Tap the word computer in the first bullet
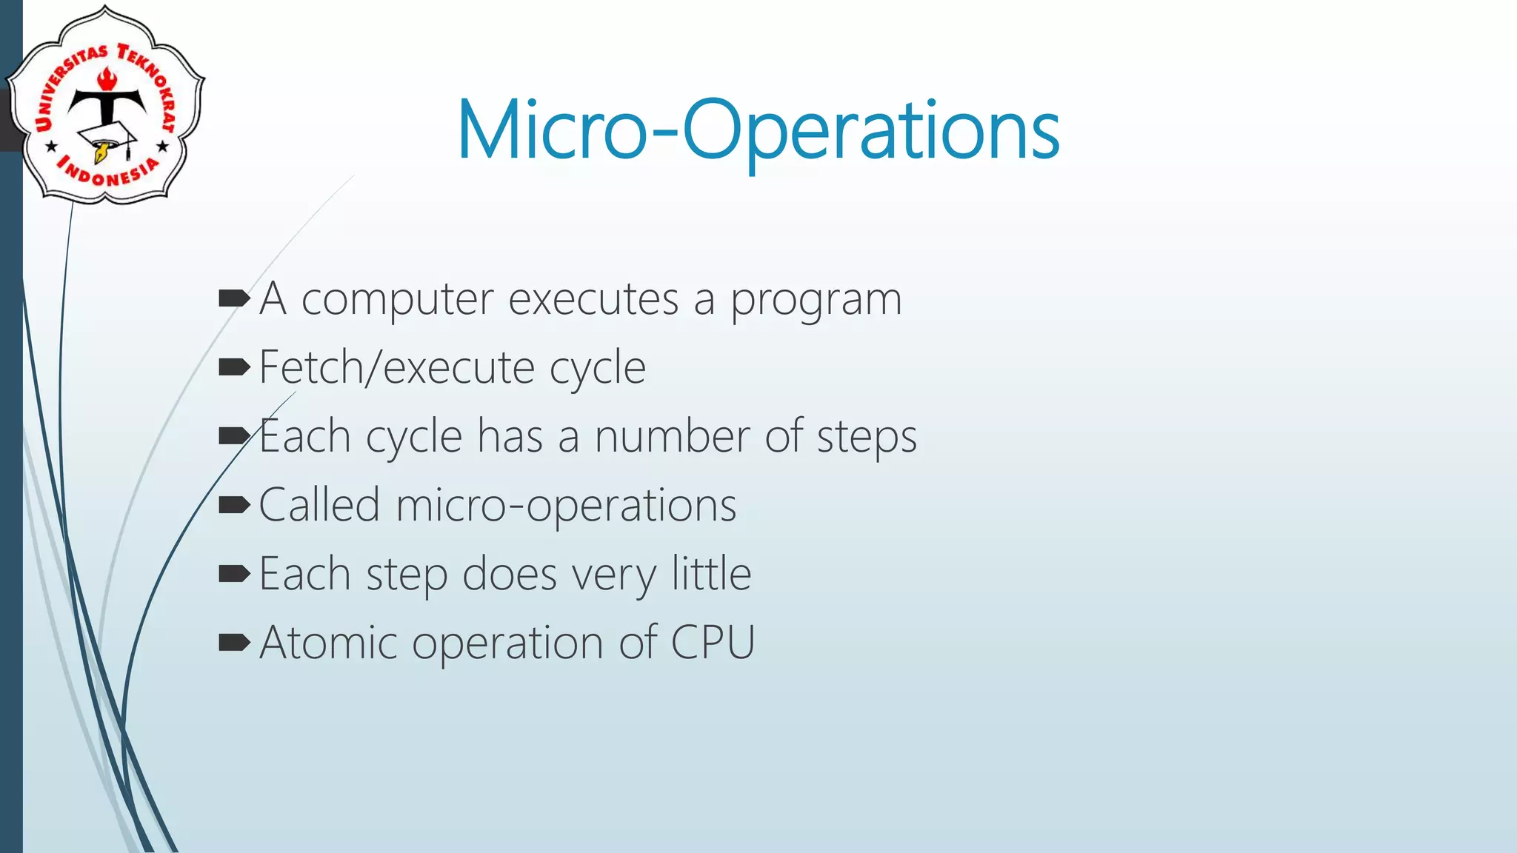[x=397, y=300]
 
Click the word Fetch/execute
[x=397, y=367]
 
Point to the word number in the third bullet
[x=672, y=436]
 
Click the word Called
[x=319, y=505]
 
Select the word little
[x=711, y=574]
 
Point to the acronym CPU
[x=713, y=642]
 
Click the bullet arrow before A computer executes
[x=234, y=299]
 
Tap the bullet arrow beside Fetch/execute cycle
[x=234, y=367]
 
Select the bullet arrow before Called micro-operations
[x=234, y=506]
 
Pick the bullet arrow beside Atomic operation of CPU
[x=234, y=643]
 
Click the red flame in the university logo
[x=108, y=78]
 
